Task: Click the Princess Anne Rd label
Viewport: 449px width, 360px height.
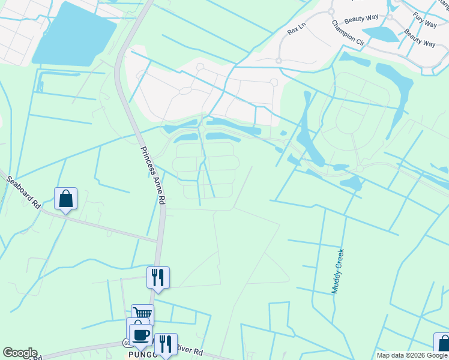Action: click(153, 176)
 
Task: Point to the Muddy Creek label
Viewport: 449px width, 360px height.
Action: click(339, 271)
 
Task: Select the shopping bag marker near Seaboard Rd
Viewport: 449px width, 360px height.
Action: click(65, 199)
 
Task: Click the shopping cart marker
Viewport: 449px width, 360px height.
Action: click(142, 314)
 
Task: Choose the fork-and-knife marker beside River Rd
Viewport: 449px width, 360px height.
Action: click(166, 343)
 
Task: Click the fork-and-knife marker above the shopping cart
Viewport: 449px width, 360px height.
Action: click(158, 277)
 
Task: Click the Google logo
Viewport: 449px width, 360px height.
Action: click(20, 353)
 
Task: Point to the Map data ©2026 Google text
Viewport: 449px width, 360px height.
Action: click(412, 355)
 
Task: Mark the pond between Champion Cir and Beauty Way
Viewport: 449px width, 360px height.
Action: click(381, 34)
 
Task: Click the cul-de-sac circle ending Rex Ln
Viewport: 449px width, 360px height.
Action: click(279, 61)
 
